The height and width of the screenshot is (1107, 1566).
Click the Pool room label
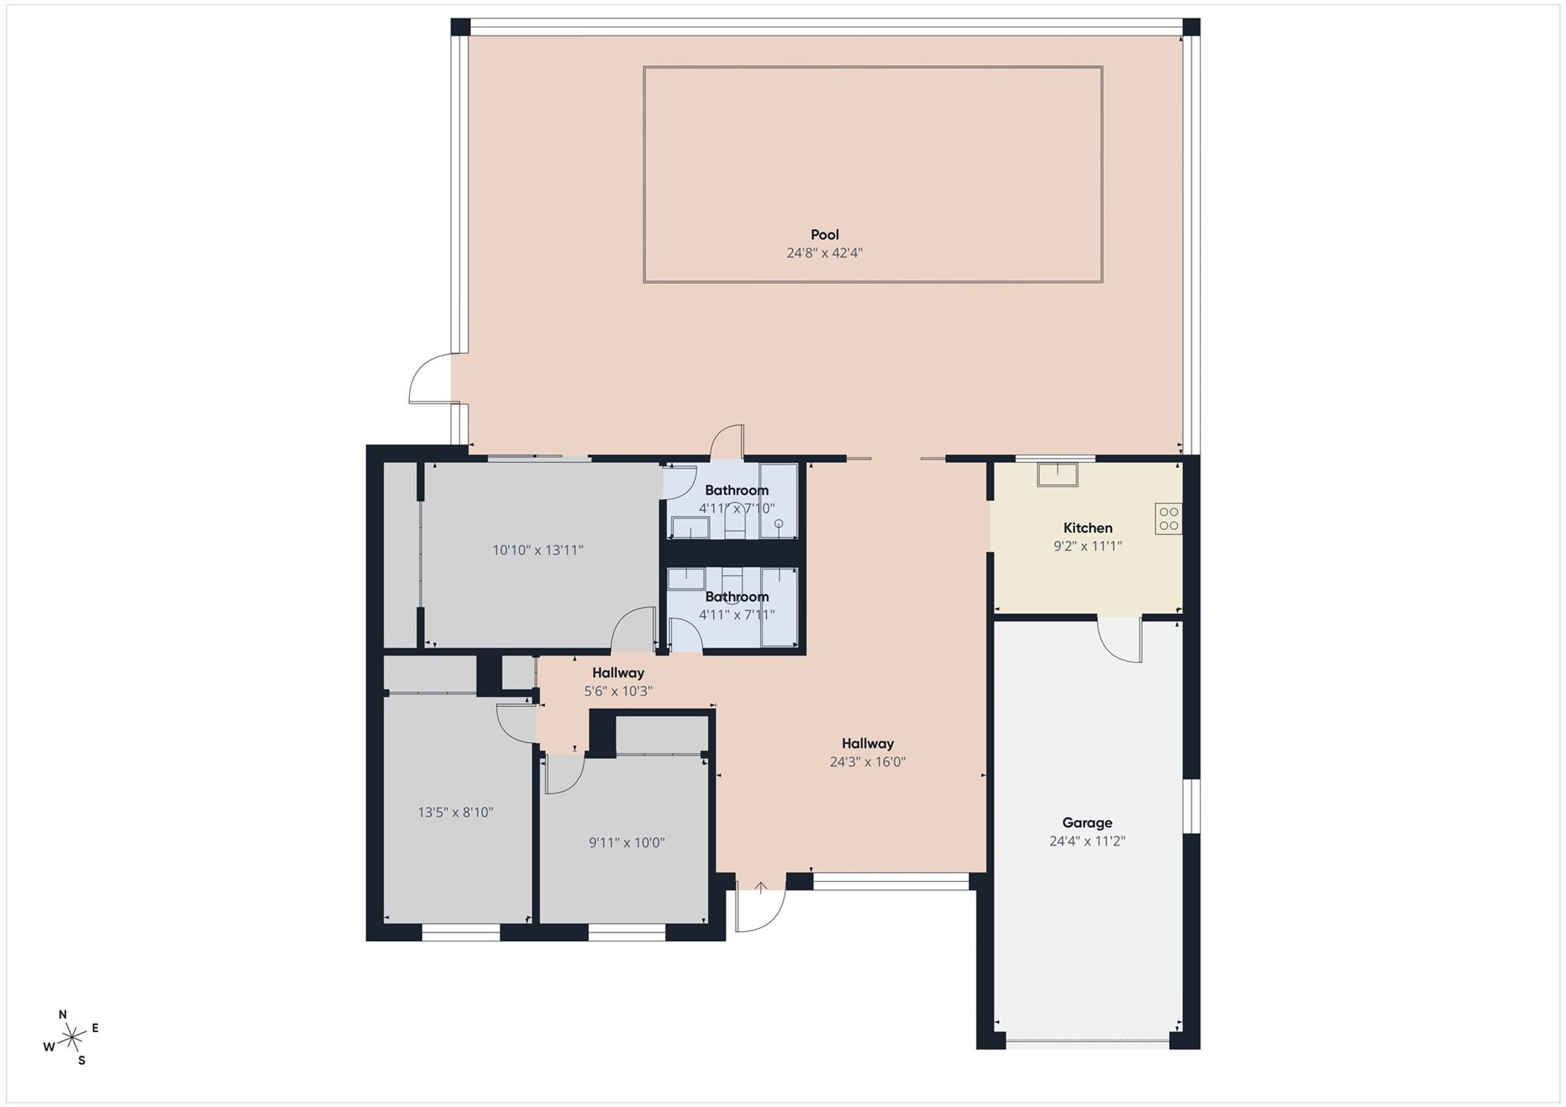[x=824, y=235]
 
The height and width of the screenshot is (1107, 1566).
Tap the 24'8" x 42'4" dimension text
[x=824, y=253]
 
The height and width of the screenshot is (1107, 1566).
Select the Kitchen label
[x=1087, y=528]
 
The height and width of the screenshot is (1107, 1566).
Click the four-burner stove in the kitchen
[x=1168, y=519]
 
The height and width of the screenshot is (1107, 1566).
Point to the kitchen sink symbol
[x=1057, y=474]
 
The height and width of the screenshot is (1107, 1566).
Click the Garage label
[x=1087, y=823]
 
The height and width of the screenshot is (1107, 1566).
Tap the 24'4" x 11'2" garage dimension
[x=1087, y=842]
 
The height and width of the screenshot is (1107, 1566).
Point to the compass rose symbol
[x=72, y=1037]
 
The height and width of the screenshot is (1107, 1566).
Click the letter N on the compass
[x=63, y=1014]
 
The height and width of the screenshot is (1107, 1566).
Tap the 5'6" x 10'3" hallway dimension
[x=618, y=692]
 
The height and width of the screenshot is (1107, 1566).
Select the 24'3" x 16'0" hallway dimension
[x=867, y=762]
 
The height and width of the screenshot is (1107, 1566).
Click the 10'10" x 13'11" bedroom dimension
[x=538, y=550]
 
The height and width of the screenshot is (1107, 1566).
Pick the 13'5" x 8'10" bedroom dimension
[x=455, y=812]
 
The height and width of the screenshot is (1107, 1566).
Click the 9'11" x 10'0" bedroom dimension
[x=626, y=843]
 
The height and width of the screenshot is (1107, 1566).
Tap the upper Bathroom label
[x=736, y=490]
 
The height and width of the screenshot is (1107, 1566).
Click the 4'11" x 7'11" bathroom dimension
[x=736, y=615]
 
